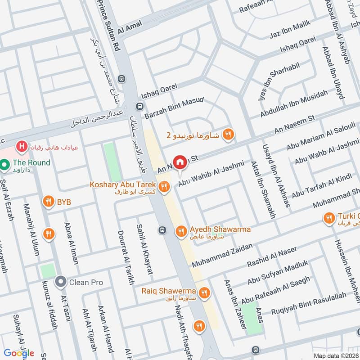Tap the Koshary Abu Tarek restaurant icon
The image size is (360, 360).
pyautogui.click(x=165, y=185)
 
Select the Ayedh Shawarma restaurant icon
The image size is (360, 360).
pyautogui.click(x=181, y=230)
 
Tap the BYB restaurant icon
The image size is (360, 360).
pyautogui.click(x=48, y=202)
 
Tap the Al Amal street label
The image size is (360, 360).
pyautogui.click(x=130, y=27)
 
